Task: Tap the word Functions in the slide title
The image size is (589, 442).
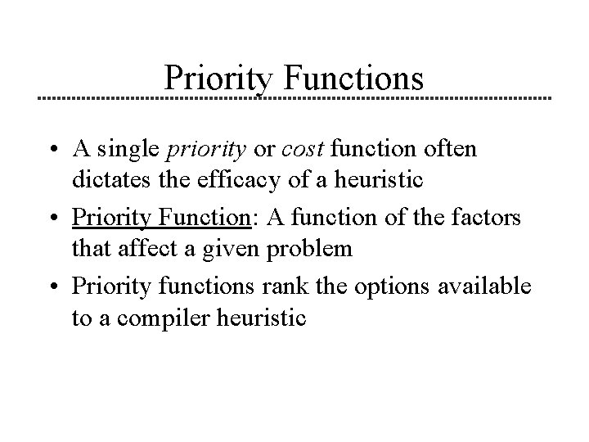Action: coord(353,78)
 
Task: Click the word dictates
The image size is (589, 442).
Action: coord(104,176)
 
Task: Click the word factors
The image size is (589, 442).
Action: coord(494,219)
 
